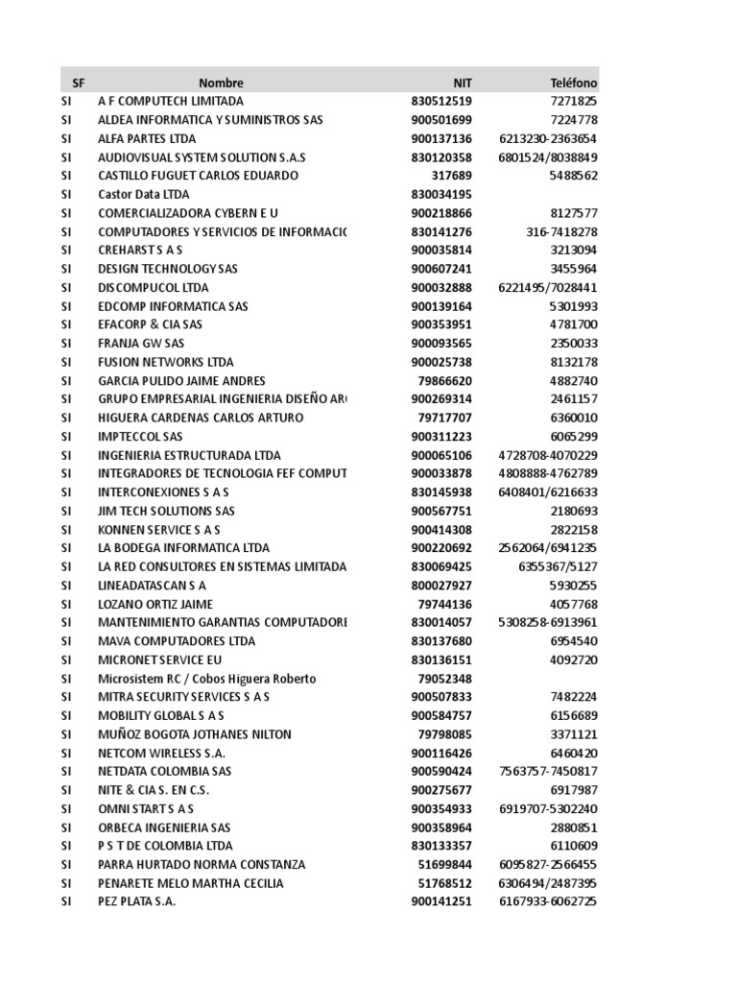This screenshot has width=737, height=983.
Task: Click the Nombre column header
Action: pos(221,84)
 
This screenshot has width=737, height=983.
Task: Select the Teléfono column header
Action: pos(573,84)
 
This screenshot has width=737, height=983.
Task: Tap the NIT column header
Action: pos(463,84)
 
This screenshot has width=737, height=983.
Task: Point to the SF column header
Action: pos(79,84)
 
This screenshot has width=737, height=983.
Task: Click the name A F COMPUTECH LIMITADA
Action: pos(171,101)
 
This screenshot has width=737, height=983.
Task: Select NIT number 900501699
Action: pos(441,120)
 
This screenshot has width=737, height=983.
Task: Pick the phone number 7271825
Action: pos(573,101)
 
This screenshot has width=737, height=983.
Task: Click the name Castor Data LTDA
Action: pos(144,194)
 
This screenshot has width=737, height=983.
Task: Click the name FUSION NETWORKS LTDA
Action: pos(165,362)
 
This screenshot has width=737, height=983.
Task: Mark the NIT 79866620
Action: pos(445,380)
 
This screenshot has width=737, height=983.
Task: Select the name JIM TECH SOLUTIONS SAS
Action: pos(166,511)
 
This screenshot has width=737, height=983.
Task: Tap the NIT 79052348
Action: pos(445,679)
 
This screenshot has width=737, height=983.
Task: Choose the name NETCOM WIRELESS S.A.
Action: pos(162,753)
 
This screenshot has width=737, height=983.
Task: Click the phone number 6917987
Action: pos(573,790)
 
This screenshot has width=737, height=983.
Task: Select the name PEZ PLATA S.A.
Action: pos(137,901)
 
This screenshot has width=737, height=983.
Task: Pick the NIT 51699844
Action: pos(445,864)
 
